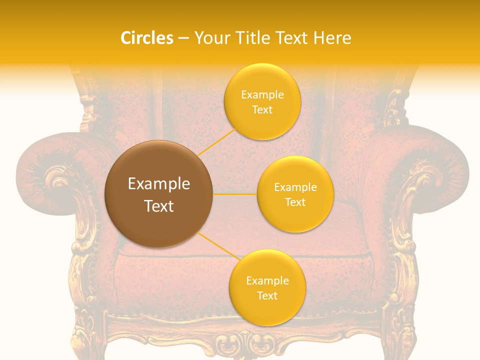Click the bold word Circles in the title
[x=146, y=38]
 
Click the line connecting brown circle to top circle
[x=216, y=142]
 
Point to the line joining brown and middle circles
[x=234, y=194]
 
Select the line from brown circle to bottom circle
[x=217, y=246]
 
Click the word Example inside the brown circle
[x=158, y=184]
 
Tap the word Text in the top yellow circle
[x=262, y=110]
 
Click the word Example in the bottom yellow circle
[x=267, y=280]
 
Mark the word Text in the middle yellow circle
[x=295, y=202]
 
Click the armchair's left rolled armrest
[x=55, y=175]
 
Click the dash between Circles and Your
[x=183, y=38]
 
